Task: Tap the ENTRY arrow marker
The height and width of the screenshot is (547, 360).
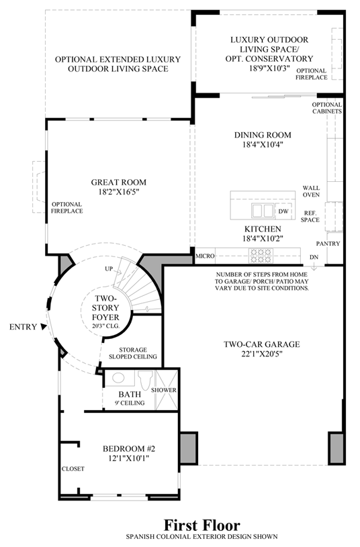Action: [44, 326]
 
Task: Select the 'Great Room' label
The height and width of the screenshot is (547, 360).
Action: [118, 181]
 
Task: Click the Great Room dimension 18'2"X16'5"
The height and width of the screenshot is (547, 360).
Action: [118, 191]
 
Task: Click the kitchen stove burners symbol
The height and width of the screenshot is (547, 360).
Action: [259, 255]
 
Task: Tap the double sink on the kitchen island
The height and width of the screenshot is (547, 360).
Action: [263, 211]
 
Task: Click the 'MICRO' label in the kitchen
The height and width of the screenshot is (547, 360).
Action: [205, 256]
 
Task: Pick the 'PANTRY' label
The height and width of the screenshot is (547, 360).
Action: [328, 243]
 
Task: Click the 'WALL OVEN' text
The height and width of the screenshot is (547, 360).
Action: [311, 192]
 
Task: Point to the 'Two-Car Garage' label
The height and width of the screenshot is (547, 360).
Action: [261, 344]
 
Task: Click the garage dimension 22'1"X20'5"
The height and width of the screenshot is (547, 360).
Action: [261, 354]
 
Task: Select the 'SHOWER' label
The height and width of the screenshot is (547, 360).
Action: [164, 390]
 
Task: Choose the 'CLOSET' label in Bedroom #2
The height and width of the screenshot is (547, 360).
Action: [73, 468]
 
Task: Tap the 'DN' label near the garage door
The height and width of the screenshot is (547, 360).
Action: [314, 257]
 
